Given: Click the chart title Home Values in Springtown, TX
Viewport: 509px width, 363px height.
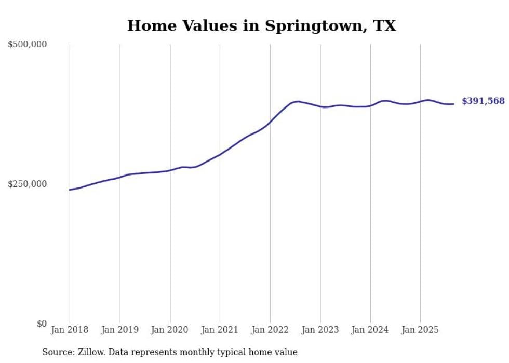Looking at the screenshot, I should click(261, 26).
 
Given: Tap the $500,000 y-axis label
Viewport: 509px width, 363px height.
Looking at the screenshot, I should click(28, 45).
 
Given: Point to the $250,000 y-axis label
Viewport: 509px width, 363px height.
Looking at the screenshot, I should click(28, 184).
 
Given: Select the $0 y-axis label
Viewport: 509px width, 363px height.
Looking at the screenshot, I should click(42, 324).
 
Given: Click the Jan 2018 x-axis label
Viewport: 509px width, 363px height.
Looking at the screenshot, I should click(70, 330).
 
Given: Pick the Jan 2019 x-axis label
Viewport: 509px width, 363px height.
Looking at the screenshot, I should click(120, 330).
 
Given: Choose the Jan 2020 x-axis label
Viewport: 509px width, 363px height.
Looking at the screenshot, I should click(170, 330).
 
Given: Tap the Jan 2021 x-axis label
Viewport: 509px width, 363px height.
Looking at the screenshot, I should click(220, 330).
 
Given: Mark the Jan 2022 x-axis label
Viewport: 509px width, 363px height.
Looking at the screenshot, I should click(270, 330).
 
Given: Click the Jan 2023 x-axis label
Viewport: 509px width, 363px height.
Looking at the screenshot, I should click(320, 330).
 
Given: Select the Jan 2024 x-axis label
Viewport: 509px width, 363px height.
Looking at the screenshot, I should click(370, 330).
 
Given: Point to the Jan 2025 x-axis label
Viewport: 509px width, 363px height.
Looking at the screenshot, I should click(420, 330).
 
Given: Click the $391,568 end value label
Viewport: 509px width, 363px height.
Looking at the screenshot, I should click(483, 101).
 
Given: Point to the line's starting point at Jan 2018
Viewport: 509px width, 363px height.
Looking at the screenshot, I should click(70, 190).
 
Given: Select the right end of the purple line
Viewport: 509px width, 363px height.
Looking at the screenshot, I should click(453, 104).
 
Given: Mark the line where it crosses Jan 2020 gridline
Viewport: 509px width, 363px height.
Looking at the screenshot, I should click(170, 170).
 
